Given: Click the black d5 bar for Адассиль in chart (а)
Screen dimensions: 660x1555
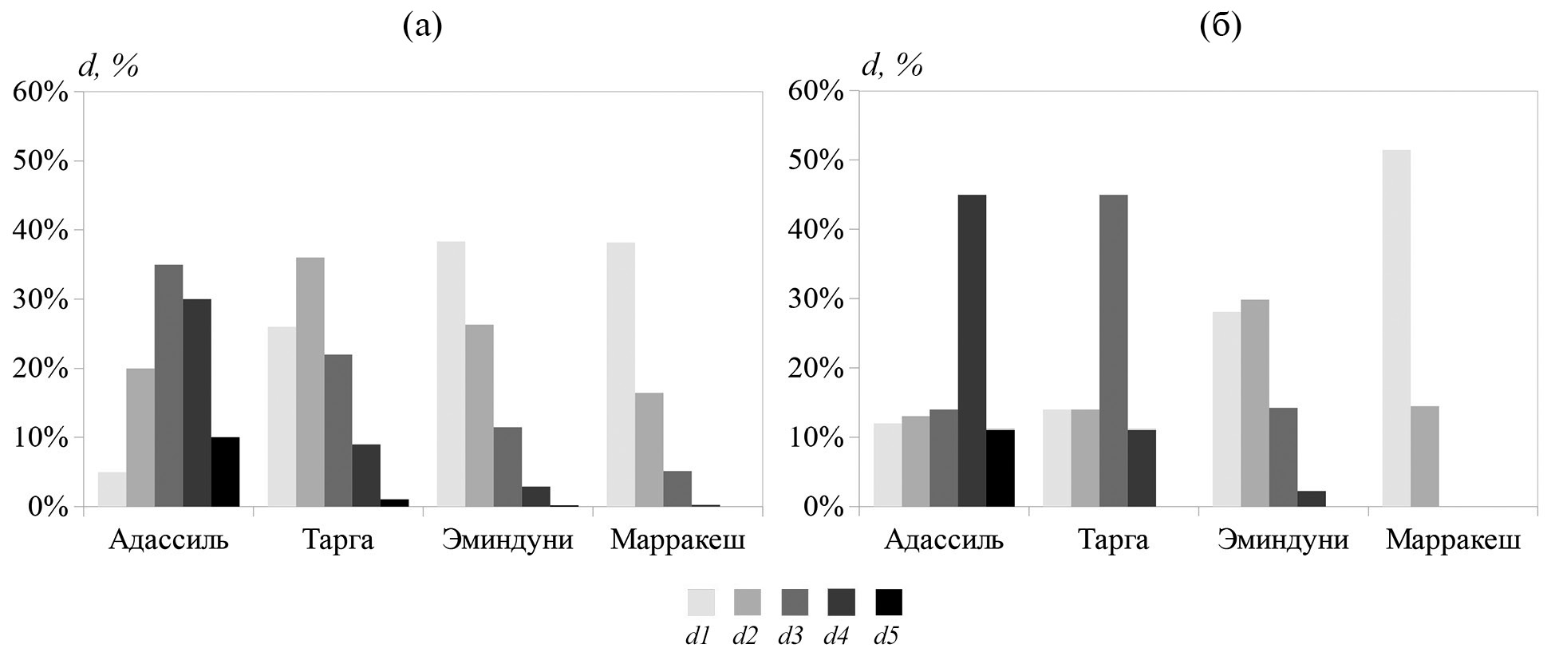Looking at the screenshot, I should click(x=225, y=472).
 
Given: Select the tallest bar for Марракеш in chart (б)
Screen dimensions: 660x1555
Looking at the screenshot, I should click(x=1396, y=328).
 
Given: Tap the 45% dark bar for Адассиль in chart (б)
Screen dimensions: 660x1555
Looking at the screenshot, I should click(x=972, y=350).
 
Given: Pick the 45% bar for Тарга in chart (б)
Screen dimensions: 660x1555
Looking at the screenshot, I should click(x=1113, y=350).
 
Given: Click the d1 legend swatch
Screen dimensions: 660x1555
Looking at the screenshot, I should click(x=701, y=603).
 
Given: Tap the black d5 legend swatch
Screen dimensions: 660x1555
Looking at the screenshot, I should click(x=889, y=603).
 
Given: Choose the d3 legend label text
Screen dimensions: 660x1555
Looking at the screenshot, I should click(x=791, y=637).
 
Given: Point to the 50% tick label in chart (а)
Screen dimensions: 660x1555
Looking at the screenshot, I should click(x=41, y=161).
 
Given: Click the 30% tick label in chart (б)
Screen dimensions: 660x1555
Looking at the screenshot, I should click(x=815, y=299).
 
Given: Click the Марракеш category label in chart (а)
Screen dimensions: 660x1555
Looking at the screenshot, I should click(x=677, y=540).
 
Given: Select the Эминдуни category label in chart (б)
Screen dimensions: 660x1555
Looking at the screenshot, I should click(x=1283, y=540).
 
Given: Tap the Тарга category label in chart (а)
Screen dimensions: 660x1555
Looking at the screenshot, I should click(x=338, y=540).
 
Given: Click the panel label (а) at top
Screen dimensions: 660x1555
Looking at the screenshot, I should click(x=422, y=26).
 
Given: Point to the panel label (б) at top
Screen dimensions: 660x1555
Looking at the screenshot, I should click(x=1220, y=26).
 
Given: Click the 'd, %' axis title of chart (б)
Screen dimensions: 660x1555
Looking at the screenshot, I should click(x=892, y=65).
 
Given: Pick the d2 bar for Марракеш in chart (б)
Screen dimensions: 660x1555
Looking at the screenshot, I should click(x=1424, y=456).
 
